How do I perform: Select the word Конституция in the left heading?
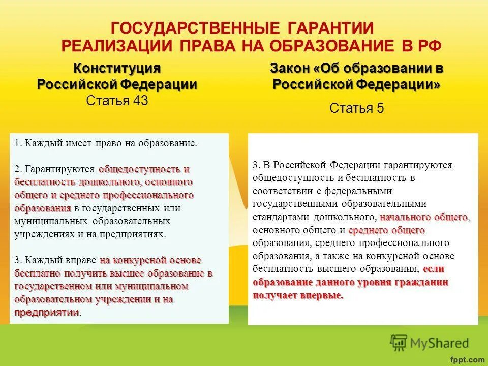[x=117, y=68]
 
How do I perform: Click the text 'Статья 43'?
[x=117, y=101]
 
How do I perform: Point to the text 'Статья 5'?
[x=356, y=108]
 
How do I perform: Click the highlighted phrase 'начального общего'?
[x=423, y=217]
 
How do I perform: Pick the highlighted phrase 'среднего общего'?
[x=379, y=230]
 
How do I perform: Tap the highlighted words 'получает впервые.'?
[x=298, y=295]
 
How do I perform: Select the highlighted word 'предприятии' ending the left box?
[x=47, y=312]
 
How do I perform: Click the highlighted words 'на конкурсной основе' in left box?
[x=150, y=260]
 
